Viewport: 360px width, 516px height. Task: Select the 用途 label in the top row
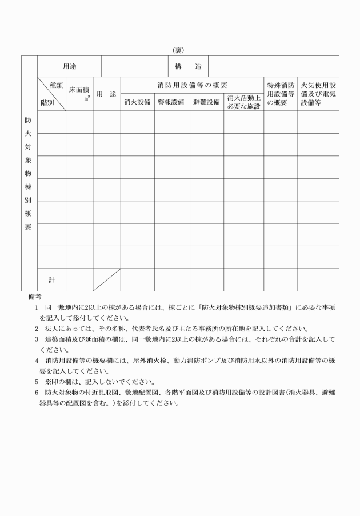point(70,67)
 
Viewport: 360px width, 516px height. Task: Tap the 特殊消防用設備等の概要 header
point(280,94)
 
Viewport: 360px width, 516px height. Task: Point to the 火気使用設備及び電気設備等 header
point(318,94)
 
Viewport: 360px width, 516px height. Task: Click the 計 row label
point(51,279)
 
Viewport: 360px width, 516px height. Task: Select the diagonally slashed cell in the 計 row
point(107,279)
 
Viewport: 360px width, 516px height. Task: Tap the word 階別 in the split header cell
point(47,103)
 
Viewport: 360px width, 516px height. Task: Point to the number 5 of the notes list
point(35,382)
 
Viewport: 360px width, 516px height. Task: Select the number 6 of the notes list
point(35,393)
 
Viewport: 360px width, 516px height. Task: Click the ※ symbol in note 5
point(48,382)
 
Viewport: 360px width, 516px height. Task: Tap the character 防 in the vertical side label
point(29,121)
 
